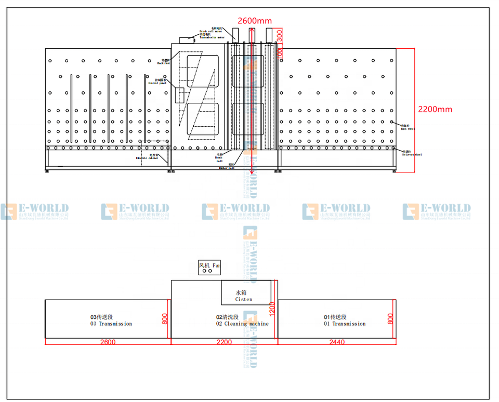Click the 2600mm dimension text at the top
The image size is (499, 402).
[255, 21]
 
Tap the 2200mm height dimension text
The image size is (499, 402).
[435, 109]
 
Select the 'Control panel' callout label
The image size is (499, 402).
[157, 82]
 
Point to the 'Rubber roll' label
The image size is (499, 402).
[227, 168]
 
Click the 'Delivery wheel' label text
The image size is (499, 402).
[412, 154]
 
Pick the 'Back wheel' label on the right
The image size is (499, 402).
[408, 127]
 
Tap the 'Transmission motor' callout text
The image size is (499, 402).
[212, 37]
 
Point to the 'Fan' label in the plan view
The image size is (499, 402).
[216, 265]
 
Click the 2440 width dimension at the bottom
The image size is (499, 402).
[336, 342]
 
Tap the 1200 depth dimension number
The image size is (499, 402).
[271, 310]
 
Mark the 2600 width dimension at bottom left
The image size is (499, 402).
[108, 342]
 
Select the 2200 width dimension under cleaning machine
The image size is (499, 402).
[224, 342]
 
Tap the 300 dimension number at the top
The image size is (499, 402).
[280, 35]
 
